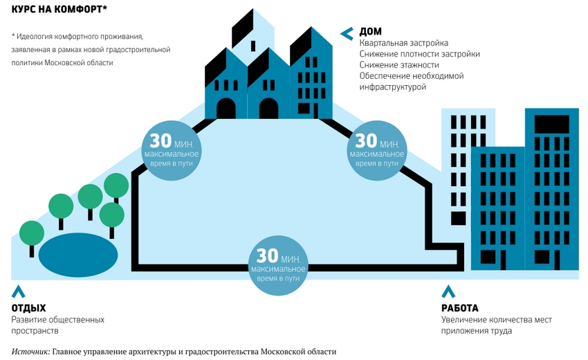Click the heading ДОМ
coord(371,32)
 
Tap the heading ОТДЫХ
coord(28,308)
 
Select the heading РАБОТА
coord(460,308)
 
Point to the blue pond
coord(78,255)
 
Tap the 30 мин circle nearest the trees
coord(172,150)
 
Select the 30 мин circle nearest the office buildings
coord(377,150)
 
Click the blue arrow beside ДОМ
coord(347,33)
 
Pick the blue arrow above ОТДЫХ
coord(19,291)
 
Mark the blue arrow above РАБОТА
coord(448,291)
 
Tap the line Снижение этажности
coord(399,65)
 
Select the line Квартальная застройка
coord(404,43)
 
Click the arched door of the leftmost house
coord(226,109)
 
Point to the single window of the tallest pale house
coord(253,46)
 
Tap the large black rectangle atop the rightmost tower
coord(551,124)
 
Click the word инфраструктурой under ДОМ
coord(393,87)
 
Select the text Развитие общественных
coord(57,320)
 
